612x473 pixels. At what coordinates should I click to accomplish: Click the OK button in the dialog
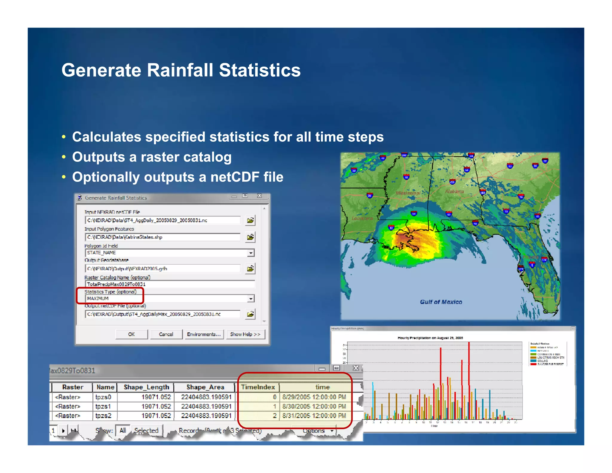[131, 334]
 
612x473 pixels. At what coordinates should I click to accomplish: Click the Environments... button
[204, 334]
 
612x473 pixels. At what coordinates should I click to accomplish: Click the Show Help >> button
[245, 334]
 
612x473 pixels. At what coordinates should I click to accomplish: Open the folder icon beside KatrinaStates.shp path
[250, 237]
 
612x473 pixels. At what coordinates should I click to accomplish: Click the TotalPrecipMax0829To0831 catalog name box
[170, 284]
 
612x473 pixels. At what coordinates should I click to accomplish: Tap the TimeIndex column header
[258, 387]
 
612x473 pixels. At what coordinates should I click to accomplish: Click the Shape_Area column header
[205, 387]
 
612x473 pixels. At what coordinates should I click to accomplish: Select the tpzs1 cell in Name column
[103, 406]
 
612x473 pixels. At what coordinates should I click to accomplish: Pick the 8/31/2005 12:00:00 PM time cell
[314, 416]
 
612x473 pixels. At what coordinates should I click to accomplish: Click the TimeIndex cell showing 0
[258, 397]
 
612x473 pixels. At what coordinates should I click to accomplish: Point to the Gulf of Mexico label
[441, 302]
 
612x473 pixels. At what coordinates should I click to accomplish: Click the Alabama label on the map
[454, 191]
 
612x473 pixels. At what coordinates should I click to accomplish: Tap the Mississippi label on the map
[408, 193]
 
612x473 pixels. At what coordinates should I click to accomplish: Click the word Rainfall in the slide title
[180, 70]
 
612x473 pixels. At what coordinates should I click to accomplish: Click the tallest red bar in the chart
[469, 380]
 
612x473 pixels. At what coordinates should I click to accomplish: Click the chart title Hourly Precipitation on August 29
[430, 338]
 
